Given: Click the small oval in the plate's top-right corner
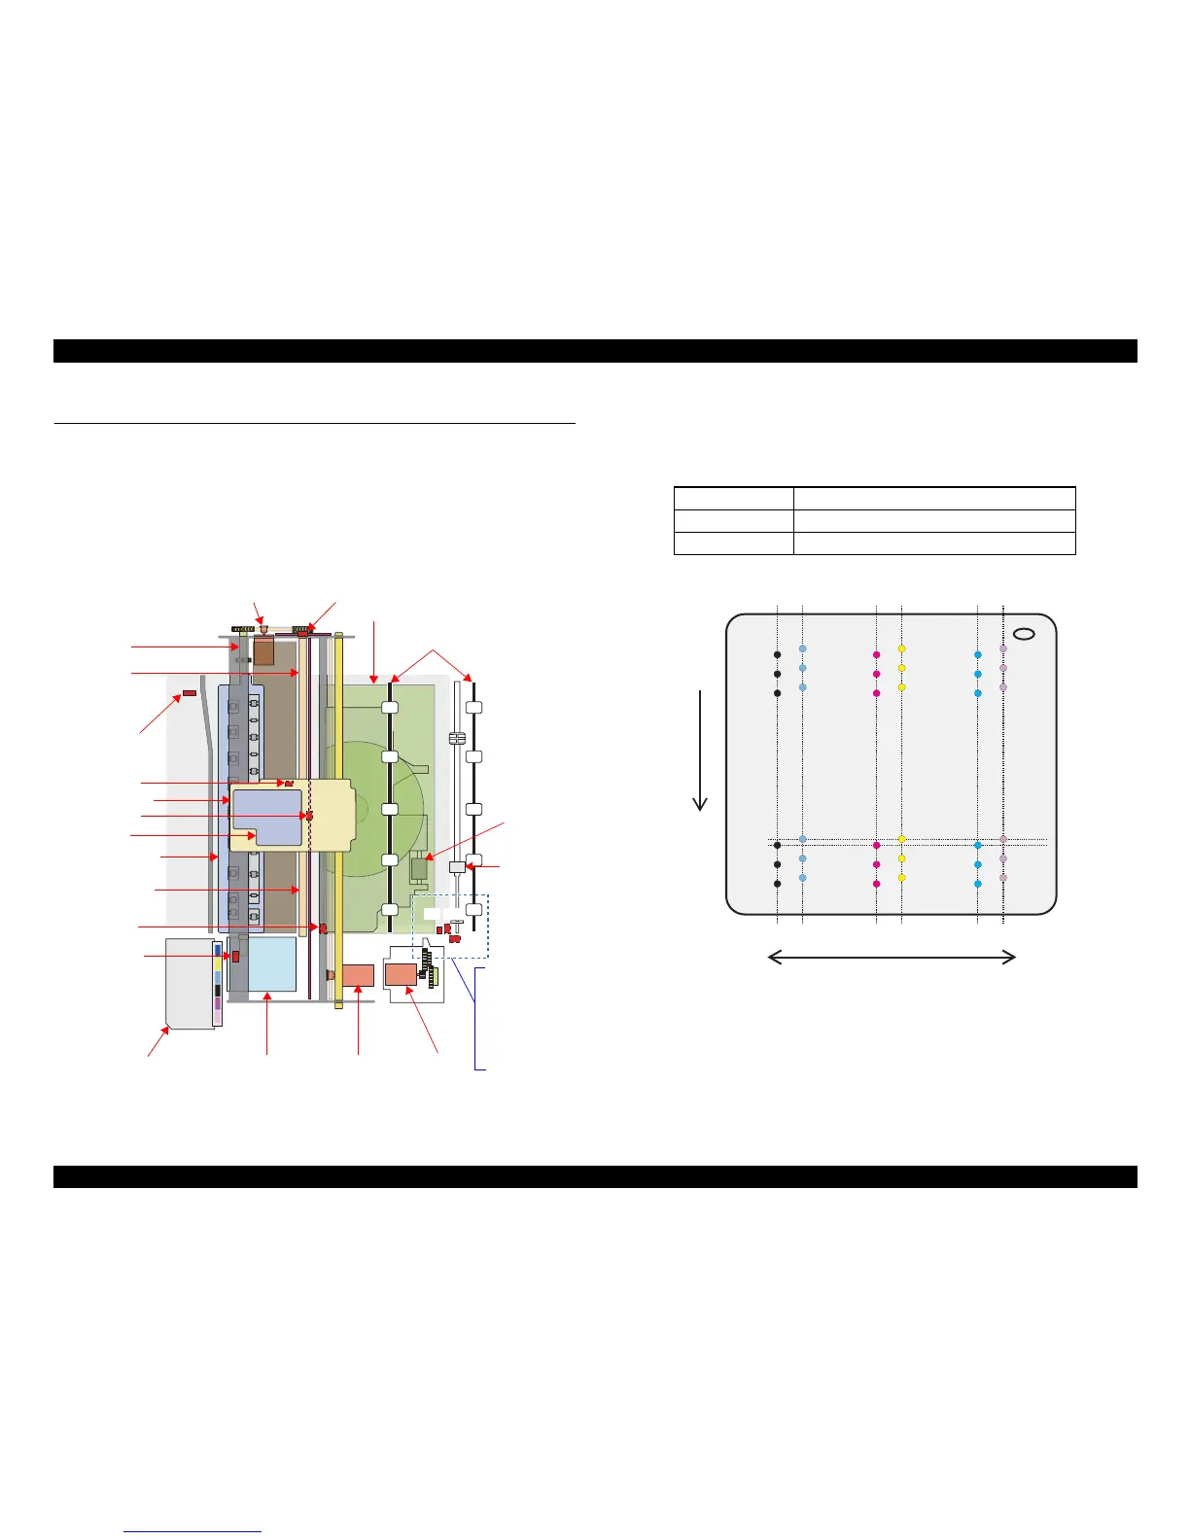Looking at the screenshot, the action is click(x=1024, y=634).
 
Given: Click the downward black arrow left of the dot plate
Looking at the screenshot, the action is click(x=699, y=749).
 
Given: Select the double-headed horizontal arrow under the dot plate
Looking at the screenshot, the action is click(x=892, y=958).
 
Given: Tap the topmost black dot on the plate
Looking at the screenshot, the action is click(x=777, y=654).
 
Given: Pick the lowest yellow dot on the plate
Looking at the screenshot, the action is click(x=901, y=878).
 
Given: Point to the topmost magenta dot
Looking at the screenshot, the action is click(x=876, y=654).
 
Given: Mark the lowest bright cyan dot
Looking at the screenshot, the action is click(x=977, y=884).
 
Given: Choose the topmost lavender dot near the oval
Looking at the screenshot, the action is click(x=1003, y=648).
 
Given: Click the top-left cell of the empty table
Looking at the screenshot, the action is click(x=733, y=498).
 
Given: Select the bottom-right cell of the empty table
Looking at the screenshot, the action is click(x=934, y=543).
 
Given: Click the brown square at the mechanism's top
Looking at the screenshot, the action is click(x=263, y=651).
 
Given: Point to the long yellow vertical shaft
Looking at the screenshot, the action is click(x=338, y=817).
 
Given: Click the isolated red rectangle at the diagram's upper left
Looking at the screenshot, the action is click(x=189, y=693).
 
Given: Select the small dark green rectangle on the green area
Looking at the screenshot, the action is click(x=420, y=868).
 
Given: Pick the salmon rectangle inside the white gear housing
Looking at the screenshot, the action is click(x=401, y=976).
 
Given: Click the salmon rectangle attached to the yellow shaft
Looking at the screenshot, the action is click(x=358, y=976).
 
